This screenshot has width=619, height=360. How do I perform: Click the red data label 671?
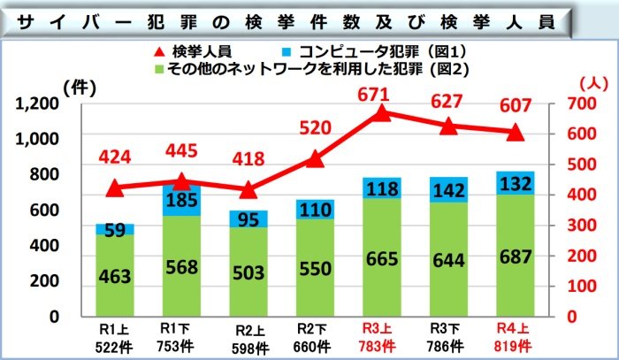380,95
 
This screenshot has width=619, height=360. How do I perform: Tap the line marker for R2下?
314,159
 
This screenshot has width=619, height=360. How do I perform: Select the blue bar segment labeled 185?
181,202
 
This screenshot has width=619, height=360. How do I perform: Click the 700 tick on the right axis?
580,103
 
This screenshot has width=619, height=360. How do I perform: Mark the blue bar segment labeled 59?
115,229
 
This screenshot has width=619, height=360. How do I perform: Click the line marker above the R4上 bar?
516,134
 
